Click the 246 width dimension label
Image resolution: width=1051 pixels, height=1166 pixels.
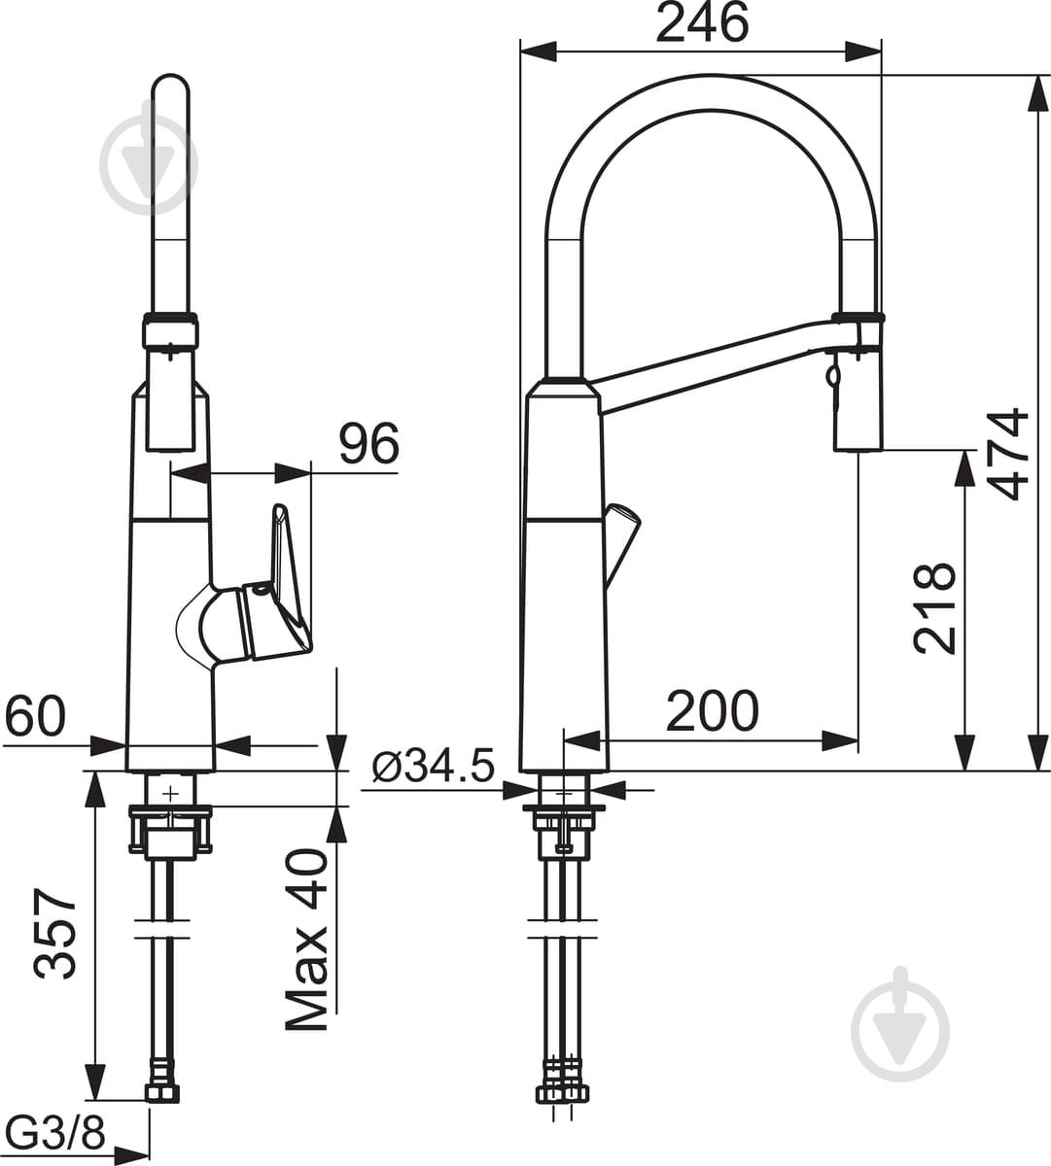coord(702,22)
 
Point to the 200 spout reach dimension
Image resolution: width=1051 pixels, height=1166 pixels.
coord(713,711)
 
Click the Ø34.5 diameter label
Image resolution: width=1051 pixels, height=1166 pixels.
coord(434,766)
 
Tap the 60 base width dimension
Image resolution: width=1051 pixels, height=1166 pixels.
coord(35,716)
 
